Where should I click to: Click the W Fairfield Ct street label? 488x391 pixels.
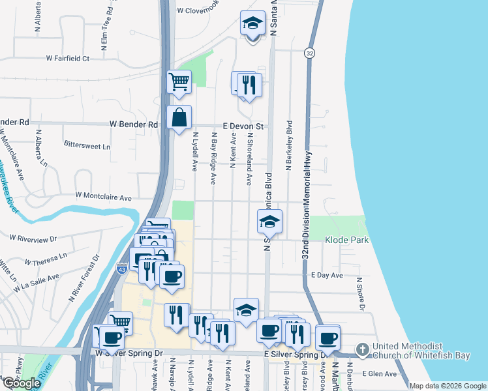[x=67, y=58]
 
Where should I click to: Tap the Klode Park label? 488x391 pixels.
[x=347, y=240]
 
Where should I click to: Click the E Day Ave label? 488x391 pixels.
[x=327, y=276]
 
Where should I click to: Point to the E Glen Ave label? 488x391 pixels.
[x=382, y=374]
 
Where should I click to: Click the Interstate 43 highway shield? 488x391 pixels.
[x=122, y=268]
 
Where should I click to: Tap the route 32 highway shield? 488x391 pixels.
[x=309, y=53]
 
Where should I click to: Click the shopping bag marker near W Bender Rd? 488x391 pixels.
[x=179, y=118]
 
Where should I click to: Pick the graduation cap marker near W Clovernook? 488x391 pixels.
[x=252, y=24]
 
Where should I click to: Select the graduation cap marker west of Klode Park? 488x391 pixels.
[x=269, y=222]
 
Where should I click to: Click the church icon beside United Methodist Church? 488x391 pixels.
[x=363, y=350]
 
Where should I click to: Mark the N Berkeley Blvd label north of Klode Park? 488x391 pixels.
[x=288, y=146]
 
